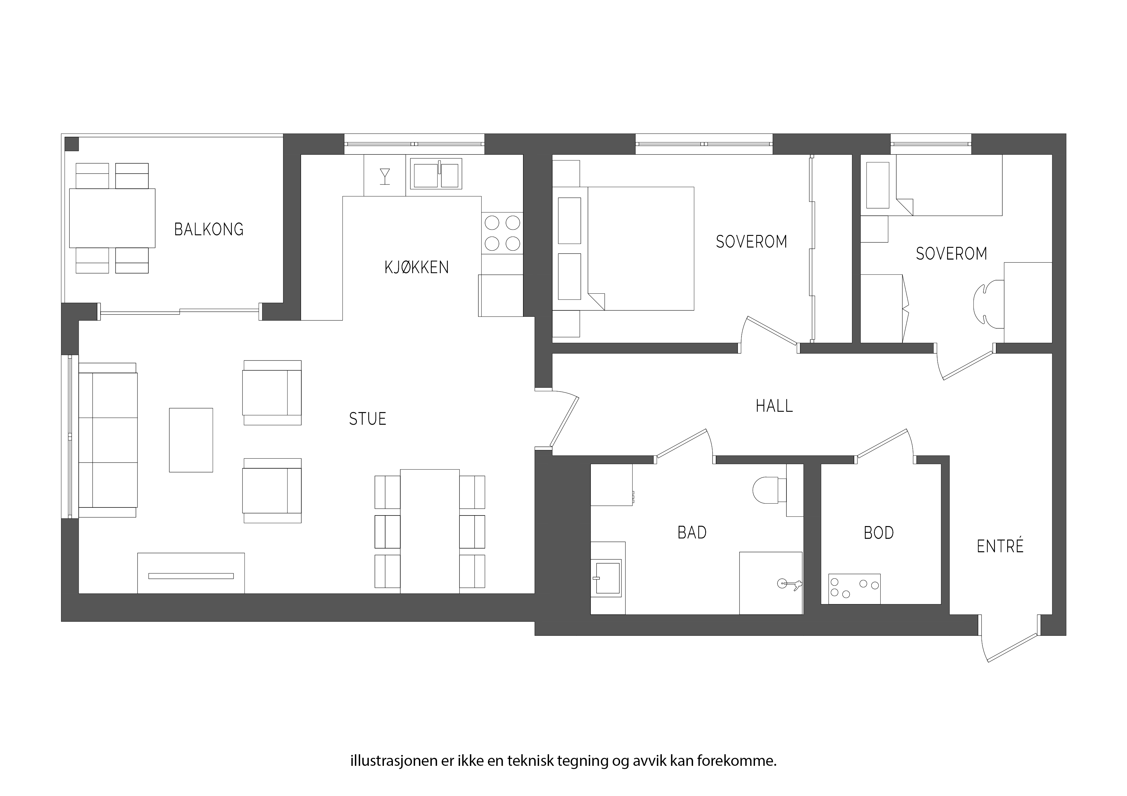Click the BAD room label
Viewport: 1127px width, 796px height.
coord(692,532)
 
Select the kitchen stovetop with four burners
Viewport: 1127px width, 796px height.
coord(502,233)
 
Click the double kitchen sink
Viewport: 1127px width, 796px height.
coord(436,174)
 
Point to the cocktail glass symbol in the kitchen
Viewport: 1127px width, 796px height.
coord(385,177)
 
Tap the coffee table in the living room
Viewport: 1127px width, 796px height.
coord(191,440)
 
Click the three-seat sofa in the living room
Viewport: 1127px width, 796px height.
coord(108,440)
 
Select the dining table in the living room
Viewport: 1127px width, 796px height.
coord(430,531)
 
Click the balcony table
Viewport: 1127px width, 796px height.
coord(112,218)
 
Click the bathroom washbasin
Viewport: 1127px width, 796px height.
coord(607,579)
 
